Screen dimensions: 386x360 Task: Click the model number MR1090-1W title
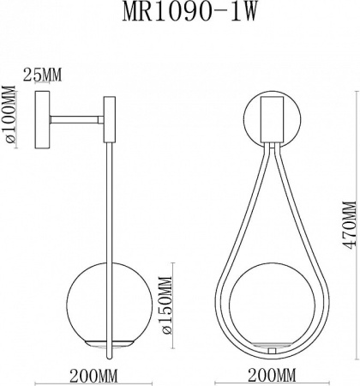(179, 15)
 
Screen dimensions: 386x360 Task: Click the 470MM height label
(348, 226)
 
